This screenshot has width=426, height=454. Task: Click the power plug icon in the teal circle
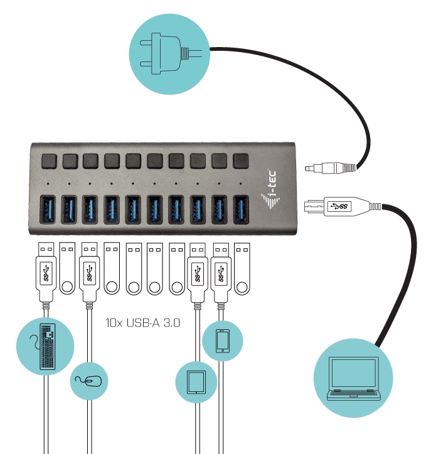[x=171, y=54]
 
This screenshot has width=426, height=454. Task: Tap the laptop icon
[x=353, y=378]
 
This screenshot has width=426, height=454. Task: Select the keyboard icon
[x=47, y=347]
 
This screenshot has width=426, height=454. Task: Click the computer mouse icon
[x=88, y=381]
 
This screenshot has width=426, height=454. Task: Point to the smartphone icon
[x=223, y=341]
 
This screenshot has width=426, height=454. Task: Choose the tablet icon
[x=196, y=382]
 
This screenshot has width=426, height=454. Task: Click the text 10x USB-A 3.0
[x=143, y=322]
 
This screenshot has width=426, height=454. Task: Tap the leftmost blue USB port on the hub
[x=48, y=209]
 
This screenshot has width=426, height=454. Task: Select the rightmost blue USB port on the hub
[x=241, y=209]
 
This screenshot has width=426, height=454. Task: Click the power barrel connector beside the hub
[x=330, y=168]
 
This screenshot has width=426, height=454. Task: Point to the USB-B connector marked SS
[x=343, y=206]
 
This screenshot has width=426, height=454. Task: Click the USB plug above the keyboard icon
[x=46, y=272]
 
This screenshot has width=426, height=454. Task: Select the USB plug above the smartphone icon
[x=221, y=273]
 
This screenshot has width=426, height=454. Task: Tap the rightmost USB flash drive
[x=242, y=268]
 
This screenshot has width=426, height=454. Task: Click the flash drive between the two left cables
[x=67, y=268]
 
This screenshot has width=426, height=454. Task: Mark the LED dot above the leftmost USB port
[x=48, y=184]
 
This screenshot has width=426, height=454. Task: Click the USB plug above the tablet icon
[x=198, y=273]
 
